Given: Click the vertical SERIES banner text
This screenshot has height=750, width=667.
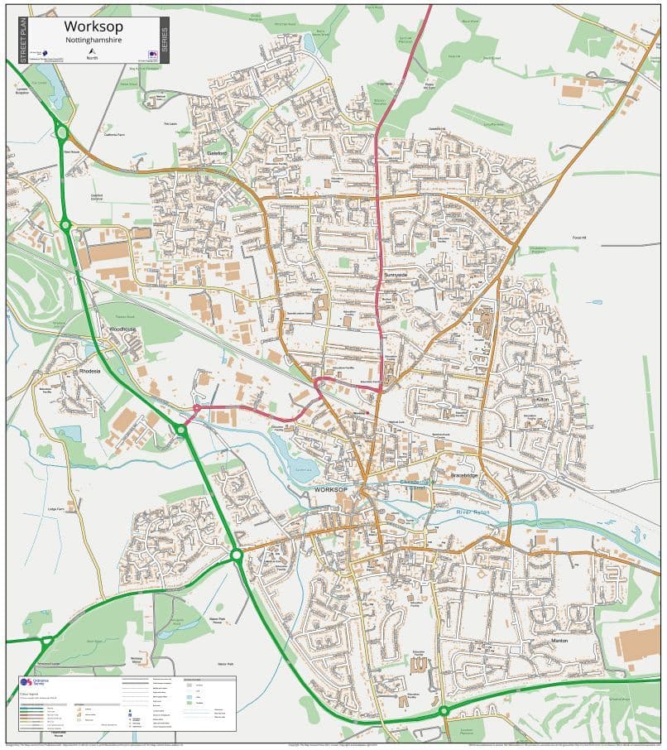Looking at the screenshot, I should click(x=164, y=40).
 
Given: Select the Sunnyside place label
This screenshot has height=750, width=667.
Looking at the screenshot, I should click(x=396, y=273).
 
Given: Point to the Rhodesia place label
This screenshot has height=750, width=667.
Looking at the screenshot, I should click(x=89, y=372).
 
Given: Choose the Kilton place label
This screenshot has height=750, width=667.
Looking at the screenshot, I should click(x=542, y=400).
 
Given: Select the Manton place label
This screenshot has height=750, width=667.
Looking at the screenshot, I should click(x=563, y=641).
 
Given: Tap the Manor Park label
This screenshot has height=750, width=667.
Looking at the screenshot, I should click(x=226, y=664).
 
